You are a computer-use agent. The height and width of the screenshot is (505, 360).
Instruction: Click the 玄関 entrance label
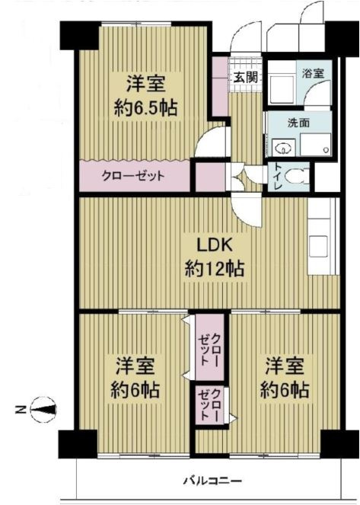point(245,77)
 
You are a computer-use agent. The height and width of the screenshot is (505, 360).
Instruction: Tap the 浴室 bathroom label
point(313,73)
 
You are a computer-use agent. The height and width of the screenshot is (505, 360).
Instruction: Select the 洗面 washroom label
point(298,123)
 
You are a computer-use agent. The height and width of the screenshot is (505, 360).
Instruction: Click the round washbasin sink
point(283,149)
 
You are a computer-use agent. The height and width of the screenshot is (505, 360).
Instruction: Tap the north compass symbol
point(43,409)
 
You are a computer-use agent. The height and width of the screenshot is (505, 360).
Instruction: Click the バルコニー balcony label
point(212,481)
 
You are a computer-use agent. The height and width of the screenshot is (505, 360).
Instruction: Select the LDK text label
point(215,246)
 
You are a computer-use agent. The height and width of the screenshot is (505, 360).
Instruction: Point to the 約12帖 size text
point(215,269)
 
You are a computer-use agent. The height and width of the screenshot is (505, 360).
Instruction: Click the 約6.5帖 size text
point(145,108)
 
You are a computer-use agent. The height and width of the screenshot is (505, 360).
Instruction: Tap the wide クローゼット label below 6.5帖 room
point(133,176)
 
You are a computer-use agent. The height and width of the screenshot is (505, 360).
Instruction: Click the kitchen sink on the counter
point(318,247)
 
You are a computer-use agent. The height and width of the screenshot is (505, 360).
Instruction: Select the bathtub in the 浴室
point(282,88)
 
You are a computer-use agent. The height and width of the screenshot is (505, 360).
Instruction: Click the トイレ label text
point(277,177)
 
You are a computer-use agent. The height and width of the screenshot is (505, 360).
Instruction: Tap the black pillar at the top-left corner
point(79,36)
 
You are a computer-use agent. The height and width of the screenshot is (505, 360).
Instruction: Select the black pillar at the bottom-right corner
point(337,445)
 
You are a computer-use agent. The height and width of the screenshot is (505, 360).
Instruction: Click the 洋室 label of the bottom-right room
point(285,366)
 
